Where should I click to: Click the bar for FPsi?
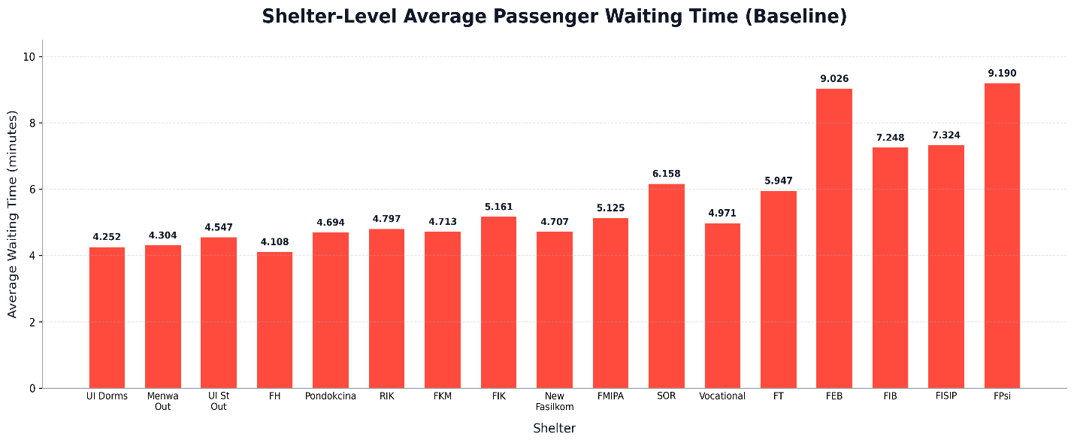point(1002,235)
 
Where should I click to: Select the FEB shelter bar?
point(834,238)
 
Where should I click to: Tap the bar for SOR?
point(667,286)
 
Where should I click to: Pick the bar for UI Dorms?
point(107,317)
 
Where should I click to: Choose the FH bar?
point(275,320)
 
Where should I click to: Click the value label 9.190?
point(1002,74)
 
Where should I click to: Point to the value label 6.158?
point(667,174)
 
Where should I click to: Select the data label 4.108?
point(275,242)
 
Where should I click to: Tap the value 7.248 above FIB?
point(891,138)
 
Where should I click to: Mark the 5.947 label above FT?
point(779,181)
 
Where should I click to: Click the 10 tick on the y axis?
point(29,57)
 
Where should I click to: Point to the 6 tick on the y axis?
point(32,190)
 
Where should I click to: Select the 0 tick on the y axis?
point(32,388)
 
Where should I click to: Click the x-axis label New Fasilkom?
point(555,401)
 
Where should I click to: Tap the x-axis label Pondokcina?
point(331,396)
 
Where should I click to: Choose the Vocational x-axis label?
point(722,396)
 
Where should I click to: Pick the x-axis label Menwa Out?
point(163,401)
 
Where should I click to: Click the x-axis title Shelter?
point(554,428)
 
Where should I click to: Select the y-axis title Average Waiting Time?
point(12,214)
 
